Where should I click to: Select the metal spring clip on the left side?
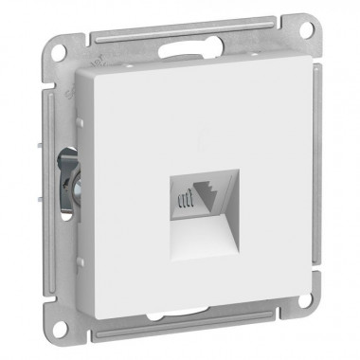(x=67, y=180)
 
